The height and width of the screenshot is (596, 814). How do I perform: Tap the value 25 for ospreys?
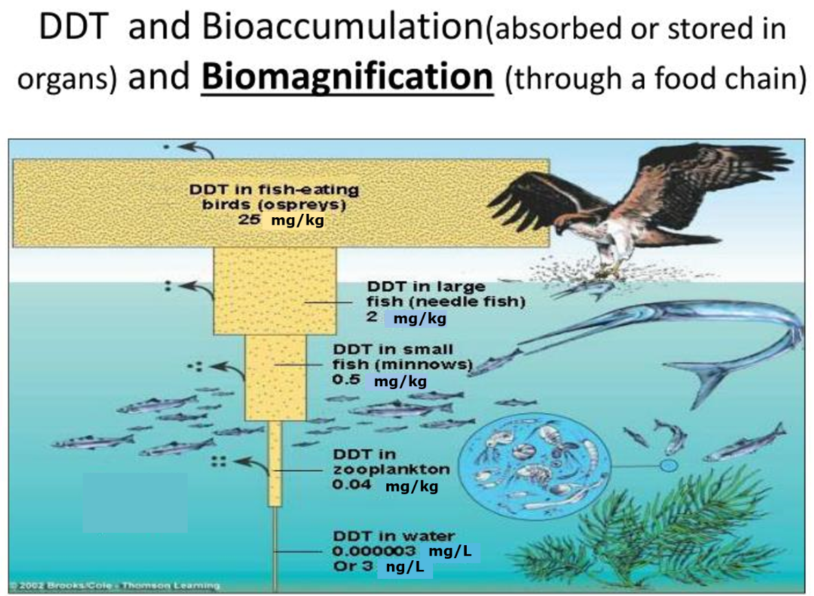click(x=248, y=221)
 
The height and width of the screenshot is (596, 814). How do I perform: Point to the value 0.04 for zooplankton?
click(x=352, y=485)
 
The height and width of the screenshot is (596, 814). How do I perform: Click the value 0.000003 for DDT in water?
click(x=375, y=551)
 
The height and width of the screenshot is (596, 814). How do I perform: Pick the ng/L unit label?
click(x=405, y=568)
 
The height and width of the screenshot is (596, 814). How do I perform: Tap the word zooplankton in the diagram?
click(x=391, y=470)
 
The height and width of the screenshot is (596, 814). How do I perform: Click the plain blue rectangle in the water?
click(x=135, y=503)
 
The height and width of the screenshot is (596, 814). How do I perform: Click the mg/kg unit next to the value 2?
click(x=419, y=318)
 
